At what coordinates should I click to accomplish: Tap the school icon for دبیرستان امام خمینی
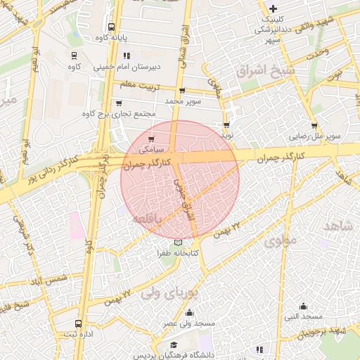[x=127, y=56]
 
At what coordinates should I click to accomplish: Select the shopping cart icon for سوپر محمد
[x=183, y=91]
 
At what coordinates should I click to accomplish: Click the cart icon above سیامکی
[x=151, y=139]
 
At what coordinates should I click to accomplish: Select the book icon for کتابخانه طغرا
[x=177, y=243]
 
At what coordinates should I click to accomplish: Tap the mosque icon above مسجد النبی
[x=304, y=305]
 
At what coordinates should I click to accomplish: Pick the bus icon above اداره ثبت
[x=77, y=324]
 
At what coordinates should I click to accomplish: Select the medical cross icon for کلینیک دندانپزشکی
[x=273, y=9]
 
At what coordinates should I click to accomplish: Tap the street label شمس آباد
[x=49, y=279]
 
